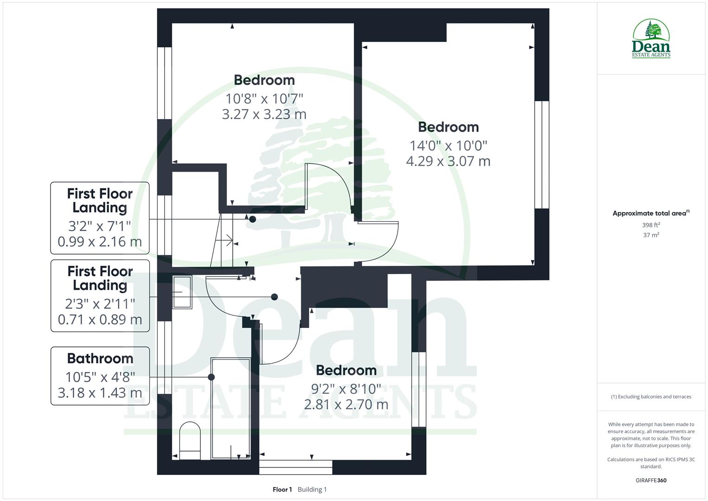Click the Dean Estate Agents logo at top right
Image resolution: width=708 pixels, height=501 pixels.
(x=651, y=39)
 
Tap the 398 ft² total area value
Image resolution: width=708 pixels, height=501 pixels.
(x=651, y=225)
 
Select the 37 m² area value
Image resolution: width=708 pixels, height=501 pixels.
(x=651, y=235)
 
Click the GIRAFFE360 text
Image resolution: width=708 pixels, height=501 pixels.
(x=651, y=481)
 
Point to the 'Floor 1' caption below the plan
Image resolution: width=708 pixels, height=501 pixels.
(x=282, y=489)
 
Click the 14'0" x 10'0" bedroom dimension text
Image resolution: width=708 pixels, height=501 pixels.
(x=448, y=146)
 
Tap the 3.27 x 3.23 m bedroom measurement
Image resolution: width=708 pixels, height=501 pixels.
(x=264, y=114)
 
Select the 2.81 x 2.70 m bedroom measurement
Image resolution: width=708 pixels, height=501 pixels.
(x=346, y=405)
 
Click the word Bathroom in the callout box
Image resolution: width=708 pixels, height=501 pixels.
(x=100, y=359)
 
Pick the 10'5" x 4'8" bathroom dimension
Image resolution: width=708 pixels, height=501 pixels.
(x=100, y=377)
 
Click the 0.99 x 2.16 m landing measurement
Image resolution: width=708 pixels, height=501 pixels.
(x=100, y=242)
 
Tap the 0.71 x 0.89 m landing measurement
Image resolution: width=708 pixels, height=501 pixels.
(x=100, y=320)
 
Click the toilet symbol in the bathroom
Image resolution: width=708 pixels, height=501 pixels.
(x=190, y=441)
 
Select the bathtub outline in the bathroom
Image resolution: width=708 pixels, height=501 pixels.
(x=231, y=408)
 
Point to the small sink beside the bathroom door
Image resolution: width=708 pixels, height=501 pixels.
(x=182, y=292)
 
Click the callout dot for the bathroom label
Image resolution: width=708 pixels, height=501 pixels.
(x=211, y=377)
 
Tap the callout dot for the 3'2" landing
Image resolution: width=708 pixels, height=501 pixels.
(x=253, y=219)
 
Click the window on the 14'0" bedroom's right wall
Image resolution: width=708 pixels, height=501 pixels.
(x=542, y=154)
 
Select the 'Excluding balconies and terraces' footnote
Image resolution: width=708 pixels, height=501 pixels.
(x=651, y=397)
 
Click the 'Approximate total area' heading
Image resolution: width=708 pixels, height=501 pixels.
(x=650, y=213)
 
